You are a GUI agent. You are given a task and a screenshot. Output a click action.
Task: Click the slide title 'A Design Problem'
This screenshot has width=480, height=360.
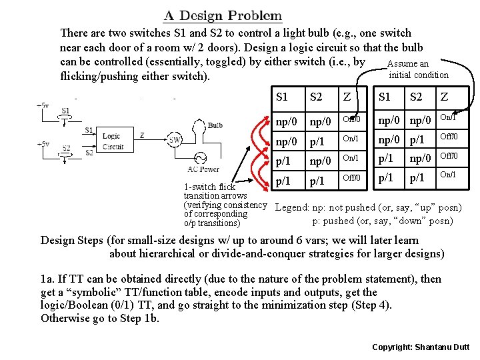pos(222,15)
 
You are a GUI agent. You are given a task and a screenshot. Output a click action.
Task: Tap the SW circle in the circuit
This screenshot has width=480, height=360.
pos(175,140)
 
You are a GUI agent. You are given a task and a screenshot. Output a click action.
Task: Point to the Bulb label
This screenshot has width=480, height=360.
pos(215,125)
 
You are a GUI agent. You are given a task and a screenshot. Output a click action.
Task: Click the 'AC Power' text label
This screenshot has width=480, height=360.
pos(199,169)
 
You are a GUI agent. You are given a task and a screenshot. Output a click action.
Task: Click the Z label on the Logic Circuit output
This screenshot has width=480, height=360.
pos(141,135)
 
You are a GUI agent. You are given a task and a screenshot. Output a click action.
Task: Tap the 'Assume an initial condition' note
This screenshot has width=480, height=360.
pos(418,69)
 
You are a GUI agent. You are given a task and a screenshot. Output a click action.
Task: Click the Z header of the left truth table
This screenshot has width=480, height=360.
pos(347,97)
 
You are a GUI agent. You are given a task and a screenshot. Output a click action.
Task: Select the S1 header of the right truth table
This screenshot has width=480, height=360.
pos(385,97)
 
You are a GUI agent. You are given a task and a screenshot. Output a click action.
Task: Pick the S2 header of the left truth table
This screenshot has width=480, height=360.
pos(316,97)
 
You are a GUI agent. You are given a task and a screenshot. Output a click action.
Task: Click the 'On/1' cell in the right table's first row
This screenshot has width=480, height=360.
pos(447,118)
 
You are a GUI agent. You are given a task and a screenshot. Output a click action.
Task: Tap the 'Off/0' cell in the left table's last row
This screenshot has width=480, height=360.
pos(351,179)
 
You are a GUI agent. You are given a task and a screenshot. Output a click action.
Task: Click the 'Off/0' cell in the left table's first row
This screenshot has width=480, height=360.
pos(351,119)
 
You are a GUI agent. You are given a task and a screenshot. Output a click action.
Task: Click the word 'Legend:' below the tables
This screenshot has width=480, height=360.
pos(291,207)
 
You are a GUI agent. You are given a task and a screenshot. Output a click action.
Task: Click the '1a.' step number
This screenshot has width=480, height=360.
pos(48,279)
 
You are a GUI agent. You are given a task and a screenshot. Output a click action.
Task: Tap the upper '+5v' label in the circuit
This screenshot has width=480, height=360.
pos(42,105)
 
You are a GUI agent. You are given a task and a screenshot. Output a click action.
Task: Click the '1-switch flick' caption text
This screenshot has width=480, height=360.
pos(209,187)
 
